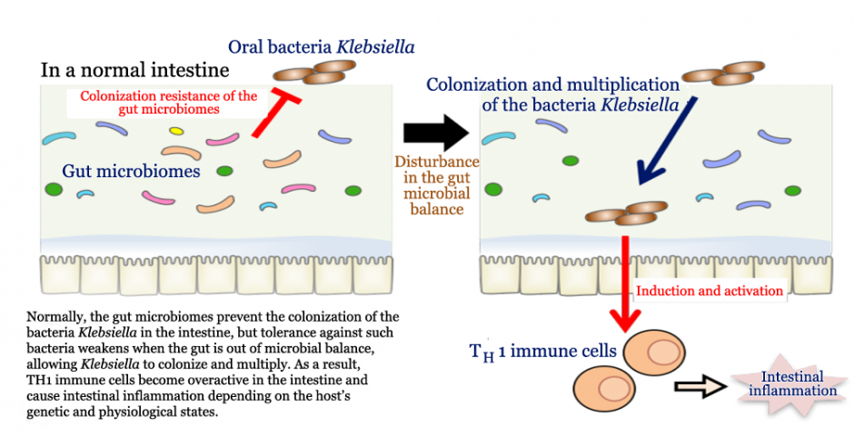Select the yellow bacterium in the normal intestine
point(176,131)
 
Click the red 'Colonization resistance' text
point(168,103)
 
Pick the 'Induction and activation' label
point(710,292)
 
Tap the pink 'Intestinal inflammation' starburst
point(792,383)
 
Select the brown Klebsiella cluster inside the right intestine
point(625,214)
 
